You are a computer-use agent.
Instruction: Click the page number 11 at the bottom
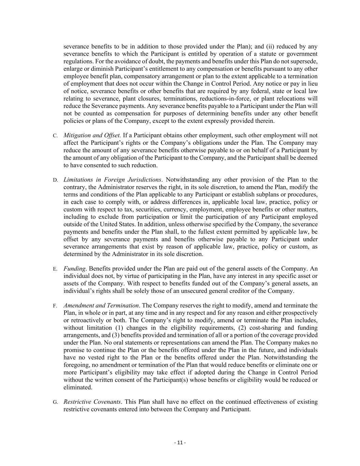[x=180, y=443]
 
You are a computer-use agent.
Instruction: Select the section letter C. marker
[x=55, y=136]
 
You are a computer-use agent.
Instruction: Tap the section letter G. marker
[x=55, y=402]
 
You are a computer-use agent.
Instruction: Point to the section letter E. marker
[x=55, y=269]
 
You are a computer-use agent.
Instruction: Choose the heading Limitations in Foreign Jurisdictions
[x=112, y=180]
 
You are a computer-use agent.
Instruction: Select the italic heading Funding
[x=74, y=269]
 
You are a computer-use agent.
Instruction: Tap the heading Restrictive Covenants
[x=92, y=401]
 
